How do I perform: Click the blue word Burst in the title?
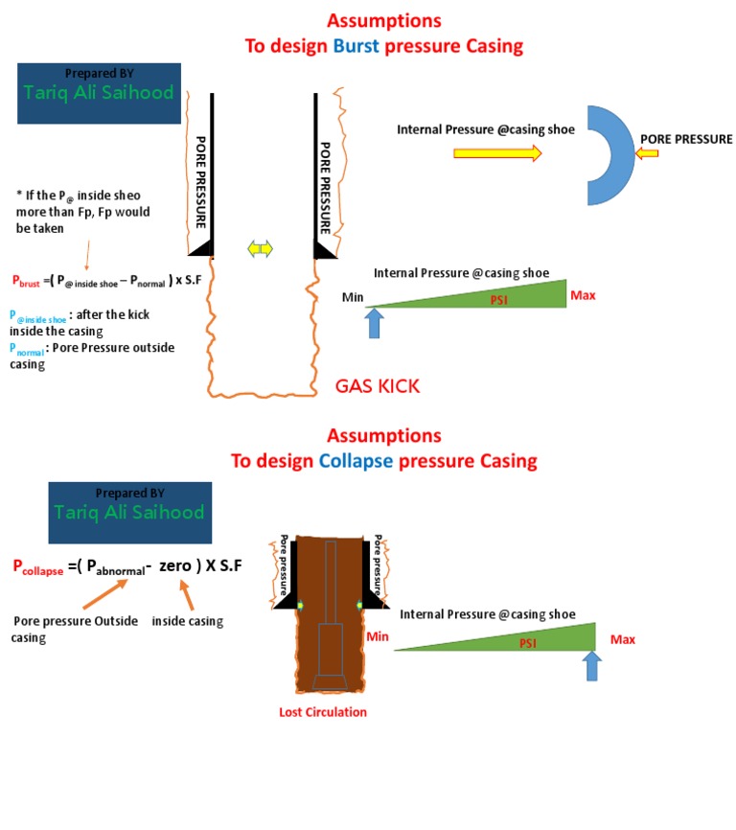click(x=356, y=45)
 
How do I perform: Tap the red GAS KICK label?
click(x=378, y=386)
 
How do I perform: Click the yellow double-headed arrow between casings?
click(x=261, y=249)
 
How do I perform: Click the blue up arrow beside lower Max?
click(x=591, y=665)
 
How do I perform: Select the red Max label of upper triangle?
click(x=583, y=295)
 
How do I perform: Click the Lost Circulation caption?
click(x=322, y=712)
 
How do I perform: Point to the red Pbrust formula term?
click(x=28, y=281)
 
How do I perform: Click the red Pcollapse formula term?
click(x=38, y=567)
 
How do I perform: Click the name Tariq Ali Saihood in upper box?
click(x=99, y=93)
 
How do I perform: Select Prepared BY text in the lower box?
click(x=128, y=493)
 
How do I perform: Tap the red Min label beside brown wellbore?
click(x=377, y=636)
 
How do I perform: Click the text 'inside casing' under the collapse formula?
click(x=188, y=621)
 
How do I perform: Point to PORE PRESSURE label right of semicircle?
click(x=686, y=139)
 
